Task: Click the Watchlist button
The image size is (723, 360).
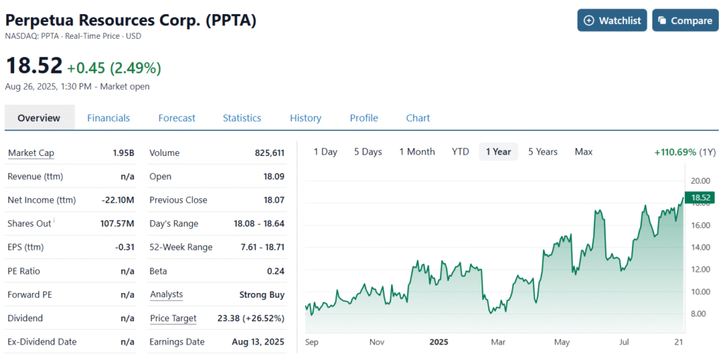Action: (x=612, y=20)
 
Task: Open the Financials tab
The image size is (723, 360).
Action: (x=108, y=118)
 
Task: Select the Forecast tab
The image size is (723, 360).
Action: (x=177, y=118)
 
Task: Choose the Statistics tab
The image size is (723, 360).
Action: (x=241, y=118)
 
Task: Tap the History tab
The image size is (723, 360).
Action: (x=305, y=118)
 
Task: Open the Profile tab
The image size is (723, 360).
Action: (x=364, y=118)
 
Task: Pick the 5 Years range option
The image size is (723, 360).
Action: (x=542, y=152)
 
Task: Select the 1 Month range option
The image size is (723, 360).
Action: (x=417, y=152)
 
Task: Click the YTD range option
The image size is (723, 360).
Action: (x=460, y=152)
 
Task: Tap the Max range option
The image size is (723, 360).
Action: (x=583, y=152)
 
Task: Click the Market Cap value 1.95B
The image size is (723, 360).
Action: (x=123, y=153)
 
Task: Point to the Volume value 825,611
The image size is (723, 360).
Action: (x=269, y=153)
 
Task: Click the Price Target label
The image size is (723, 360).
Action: (x=173, y=318)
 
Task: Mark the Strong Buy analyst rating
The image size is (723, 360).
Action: (x=262, y=294)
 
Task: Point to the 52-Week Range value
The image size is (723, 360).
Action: (x=259, y=247)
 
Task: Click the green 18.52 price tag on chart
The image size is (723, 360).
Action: (x=700, y=198)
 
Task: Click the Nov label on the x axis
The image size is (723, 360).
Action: (x=376, y=342)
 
